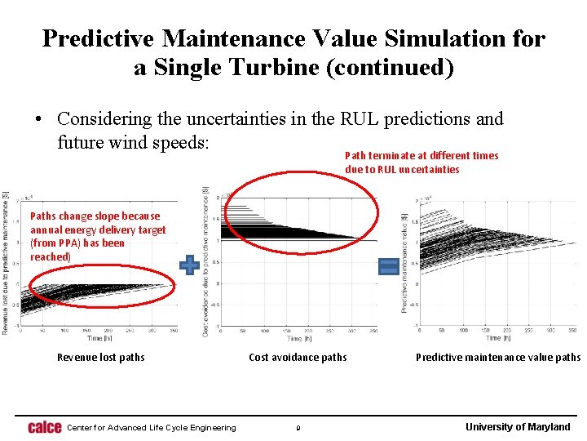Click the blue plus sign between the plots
pos(189,265)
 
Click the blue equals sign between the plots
pos(389,265)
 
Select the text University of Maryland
pos(518,427)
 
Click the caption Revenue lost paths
pos(100,357)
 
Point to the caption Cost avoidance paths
pos(298,357)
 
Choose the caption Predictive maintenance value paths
pos(498,357)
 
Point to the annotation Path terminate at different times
pos(421,155)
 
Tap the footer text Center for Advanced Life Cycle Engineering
pos(151,427)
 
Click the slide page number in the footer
pos(298,427)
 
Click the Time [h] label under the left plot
pos(95,338)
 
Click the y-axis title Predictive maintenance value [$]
pos(404,262)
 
